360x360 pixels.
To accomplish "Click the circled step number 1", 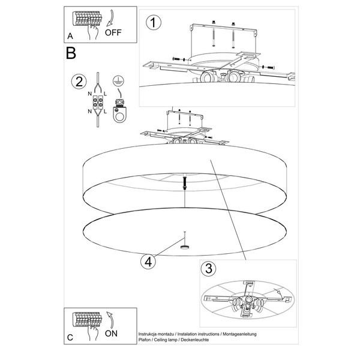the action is (154, 23).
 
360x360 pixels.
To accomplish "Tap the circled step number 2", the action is (79, 82).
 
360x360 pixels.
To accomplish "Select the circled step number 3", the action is (208, 268).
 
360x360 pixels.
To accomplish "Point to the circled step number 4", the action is (148, 262).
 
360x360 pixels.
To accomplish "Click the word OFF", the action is (113, 32).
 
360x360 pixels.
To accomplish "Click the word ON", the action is (111, 334).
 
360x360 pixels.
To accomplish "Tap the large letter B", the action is (71, 53).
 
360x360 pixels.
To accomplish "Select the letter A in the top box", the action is (70, 36).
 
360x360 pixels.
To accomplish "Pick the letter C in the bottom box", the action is (70, 337).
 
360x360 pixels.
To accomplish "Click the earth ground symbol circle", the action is (118, 81).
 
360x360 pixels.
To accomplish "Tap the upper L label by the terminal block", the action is (105, 94).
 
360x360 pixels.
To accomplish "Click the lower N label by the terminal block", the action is (89, 112).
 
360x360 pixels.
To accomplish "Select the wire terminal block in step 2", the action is (98, 103).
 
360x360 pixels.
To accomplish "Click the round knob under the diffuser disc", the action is (184, 247).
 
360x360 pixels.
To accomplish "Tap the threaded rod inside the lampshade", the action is (184, 182).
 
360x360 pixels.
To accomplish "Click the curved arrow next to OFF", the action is (110, 17).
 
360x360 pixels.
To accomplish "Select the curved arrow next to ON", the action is (110, 319).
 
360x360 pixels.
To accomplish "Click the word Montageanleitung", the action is (239, 334).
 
